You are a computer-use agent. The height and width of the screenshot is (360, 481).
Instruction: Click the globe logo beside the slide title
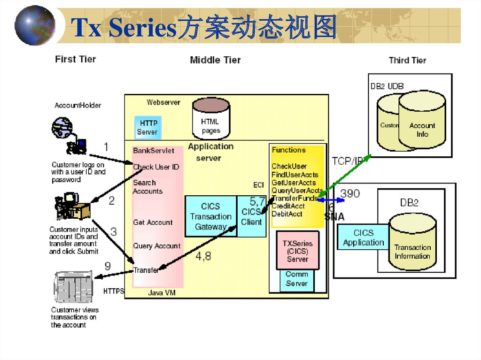tap(35, 25)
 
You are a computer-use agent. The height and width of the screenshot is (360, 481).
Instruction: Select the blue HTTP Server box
tap(147, 127)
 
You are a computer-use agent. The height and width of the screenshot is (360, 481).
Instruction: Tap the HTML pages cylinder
tap(211, 121)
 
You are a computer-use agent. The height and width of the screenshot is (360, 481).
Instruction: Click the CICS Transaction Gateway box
tap(210, 216)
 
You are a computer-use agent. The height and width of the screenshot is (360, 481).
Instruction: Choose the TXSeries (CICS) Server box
tap(297, 251)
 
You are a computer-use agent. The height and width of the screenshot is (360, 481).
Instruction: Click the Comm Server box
tap(296, 279)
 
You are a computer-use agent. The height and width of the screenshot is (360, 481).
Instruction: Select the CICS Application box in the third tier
tap(363, 237)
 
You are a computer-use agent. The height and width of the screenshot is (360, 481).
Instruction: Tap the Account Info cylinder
tap(422, 124)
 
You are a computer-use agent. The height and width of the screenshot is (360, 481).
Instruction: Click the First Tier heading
tap(75, 59)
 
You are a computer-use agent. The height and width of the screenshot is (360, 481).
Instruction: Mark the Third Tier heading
tap(407, 60)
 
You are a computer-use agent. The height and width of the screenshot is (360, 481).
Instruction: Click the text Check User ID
tap(156, 167)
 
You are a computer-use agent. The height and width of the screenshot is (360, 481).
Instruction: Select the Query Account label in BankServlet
tap(156, 246)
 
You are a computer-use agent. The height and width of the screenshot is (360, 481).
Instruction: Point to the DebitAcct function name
tap(287, 214)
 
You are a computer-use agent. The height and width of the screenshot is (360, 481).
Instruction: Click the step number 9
tap(108, 266)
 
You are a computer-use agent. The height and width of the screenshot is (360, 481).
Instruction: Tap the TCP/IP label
tap(348, 161)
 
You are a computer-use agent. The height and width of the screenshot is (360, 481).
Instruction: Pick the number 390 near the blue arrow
tap(350, 193)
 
